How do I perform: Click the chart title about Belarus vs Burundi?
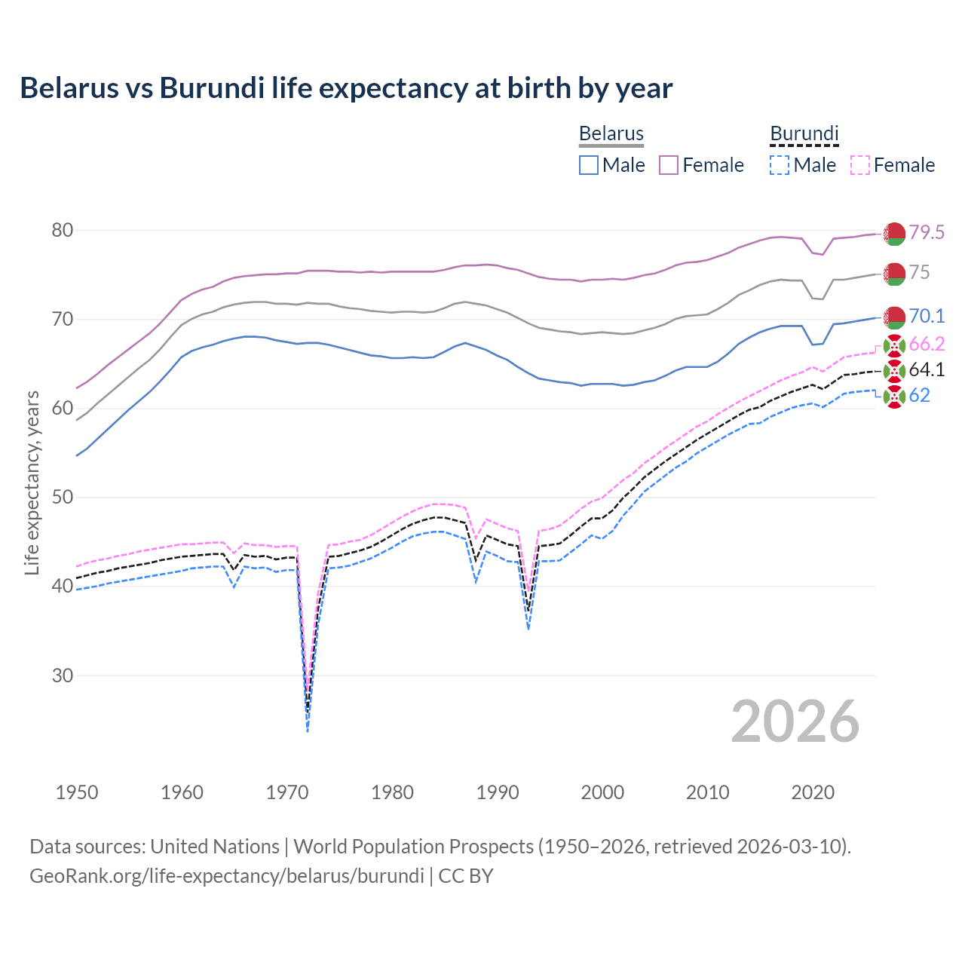346,88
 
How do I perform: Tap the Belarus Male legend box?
589,165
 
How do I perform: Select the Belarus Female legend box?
669,165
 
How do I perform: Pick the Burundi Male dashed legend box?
780,165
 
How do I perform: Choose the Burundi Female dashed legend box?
859,165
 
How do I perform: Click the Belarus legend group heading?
611,133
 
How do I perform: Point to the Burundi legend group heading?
804,133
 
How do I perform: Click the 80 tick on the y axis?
62,230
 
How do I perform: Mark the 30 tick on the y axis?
62,675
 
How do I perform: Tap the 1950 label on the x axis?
77,792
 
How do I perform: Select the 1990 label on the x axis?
498,792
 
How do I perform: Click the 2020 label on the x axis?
813,792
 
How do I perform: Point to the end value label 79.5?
927,232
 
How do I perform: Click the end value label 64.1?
927,369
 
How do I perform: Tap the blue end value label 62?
919,395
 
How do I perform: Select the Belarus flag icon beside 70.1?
894,317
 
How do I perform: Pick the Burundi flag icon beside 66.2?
894,345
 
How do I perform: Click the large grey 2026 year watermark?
795,721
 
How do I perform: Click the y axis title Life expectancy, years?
32,482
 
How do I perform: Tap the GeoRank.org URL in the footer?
226,876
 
